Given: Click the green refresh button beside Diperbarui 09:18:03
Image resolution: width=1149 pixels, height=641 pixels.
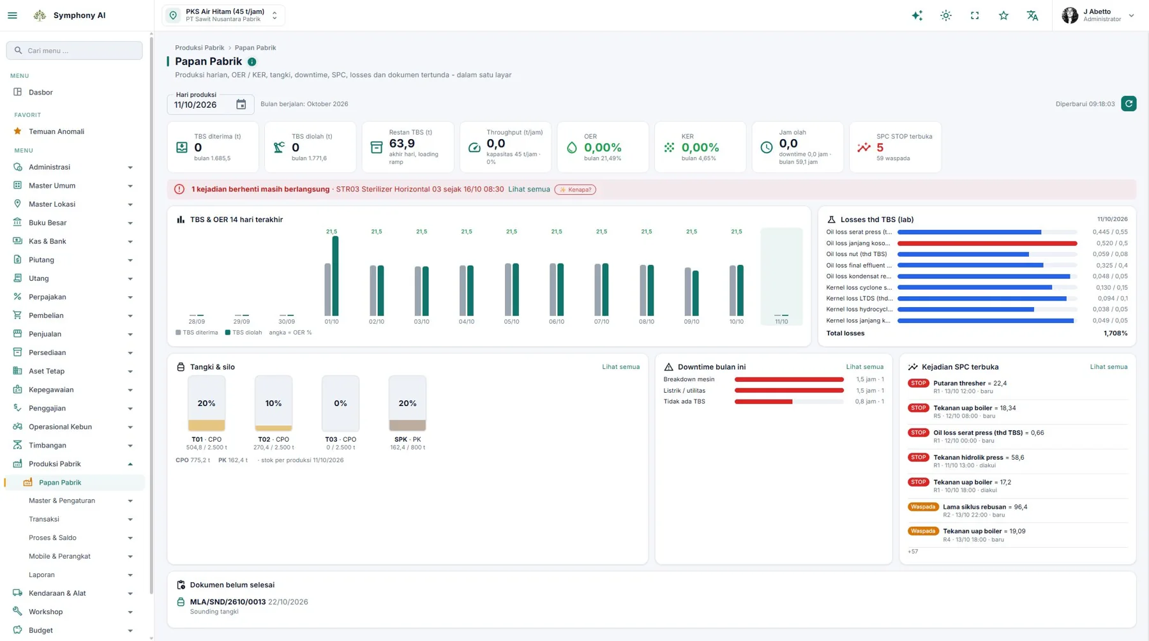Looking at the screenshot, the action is point(1129,103).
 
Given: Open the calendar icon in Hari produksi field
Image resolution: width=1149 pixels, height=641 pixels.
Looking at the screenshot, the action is point(241,105).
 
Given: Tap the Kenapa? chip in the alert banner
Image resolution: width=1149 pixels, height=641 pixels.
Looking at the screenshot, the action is point(575,190).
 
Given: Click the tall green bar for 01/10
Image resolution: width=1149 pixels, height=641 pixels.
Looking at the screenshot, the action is point(335,276).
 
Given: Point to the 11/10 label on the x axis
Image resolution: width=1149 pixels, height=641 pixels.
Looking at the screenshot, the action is point(781,322).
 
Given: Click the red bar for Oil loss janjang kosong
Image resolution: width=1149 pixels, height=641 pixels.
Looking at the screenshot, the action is point(987,243).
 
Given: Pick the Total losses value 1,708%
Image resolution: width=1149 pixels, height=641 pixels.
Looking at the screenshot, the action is point(1115,333).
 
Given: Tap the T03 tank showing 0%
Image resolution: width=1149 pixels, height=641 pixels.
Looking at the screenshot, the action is point(340,403).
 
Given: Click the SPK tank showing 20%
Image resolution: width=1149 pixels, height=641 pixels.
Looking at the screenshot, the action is point(407,403).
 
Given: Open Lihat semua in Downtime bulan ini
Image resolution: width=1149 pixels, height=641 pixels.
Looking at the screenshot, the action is point(864,367).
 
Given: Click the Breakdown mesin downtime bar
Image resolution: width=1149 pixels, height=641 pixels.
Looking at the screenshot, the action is point(789,379).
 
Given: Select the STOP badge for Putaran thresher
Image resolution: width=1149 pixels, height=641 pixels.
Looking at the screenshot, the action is point(918,383).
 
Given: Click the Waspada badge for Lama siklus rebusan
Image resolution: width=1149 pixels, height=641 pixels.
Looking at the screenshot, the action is point(922,507).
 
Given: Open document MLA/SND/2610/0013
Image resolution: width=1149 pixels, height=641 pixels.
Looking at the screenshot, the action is point(228,602).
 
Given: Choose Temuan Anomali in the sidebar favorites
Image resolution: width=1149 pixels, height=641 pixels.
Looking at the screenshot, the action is point(56,132).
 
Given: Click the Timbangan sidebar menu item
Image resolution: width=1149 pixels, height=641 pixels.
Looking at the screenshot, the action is point(47,446).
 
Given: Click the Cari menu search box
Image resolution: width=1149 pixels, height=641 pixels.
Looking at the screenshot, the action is point(75,50).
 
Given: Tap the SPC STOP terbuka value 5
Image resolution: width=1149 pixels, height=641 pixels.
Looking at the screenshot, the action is point(880,147).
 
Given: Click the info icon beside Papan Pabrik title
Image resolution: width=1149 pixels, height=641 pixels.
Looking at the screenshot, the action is point(252,62).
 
